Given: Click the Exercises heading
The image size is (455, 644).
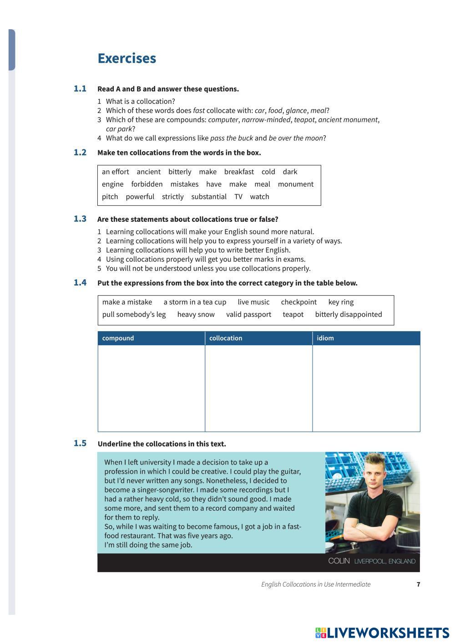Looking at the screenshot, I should [x=126, y=58].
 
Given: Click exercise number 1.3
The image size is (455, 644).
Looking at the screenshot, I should [x=80, y=219].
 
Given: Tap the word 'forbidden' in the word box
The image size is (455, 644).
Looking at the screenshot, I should [x=147, y=184].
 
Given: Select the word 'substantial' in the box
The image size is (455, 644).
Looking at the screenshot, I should [x=209, y=196].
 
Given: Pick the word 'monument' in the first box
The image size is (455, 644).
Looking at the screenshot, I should [x=295, y=184].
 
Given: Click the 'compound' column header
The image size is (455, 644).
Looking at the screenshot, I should [x=118, y=338].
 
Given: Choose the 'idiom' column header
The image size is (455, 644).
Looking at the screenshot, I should [x=325, y=338].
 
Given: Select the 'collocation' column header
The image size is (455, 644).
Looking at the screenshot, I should [x=226, y=338].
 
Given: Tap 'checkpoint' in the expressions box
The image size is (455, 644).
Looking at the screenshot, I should [x=298, y=302].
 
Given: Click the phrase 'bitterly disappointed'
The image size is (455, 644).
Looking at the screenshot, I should [x=349, y=314].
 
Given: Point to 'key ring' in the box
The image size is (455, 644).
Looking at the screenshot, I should [x=341, y=302].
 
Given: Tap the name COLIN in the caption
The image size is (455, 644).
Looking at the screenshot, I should [x=339, y=561].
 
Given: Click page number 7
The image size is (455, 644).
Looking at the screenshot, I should [x=418, y=584].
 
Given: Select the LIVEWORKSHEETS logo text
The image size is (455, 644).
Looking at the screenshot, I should [x=387, y=633].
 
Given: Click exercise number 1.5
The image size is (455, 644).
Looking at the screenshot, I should [x=80, y=443].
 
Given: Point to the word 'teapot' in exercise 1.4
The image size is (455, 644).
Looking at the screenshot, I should [x=293, y=314].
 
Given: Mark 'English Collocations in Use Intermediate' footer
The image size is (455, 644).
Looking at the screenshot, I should [x=316, y=584].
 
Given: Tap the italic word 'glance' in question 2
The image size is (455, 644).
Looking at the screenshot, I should [x=296, y=110].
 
